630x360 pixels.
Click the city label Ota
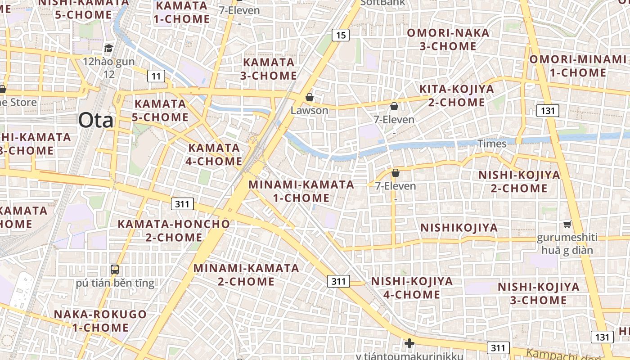pos(96,120)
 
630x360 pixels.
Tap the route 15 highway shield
pos(341,35)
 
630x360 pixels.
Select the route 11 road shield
pos(156,76)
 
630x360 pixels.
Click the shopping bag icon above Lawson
pos(309,97)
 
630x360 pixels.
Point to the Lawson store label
pos(309,110)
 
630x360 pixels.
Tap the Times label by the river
pos(492,144)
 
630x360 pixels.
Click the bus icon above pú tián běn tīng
pos(115,270)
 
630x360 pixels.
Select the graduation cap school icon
pos(108,48)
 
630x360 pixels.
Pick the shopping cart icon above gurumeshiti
pos(567,224)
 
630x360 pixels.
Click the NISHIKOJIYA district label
pos(459,228)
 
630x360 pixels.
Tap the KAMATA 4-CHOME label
pos(214,154)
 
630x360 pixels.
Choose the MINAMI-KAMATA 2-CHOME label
pos(246,275)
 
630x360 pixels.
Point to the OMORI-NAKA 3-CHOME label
pos(448,40)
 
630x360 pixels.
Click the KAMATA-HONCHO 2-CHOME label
pos(174,230)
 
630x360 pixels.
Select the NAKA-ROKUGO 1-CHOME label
pos(100,321)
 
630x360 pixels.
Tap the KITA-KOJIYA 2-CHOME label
pos(456,95)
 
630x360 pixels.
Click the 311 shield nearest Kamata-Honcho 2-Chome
pos(182,204)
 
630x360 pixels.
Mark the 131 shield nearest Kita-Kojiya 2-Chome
pos(547,110)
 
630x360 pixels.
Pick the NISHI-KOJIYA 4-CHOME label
pos(411,288)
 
